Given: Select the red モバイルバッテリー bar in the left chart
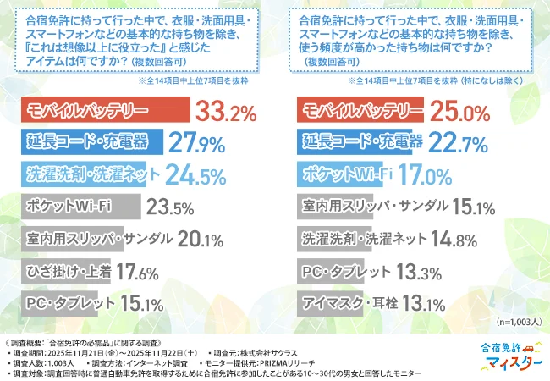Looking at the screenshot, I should point(106,111).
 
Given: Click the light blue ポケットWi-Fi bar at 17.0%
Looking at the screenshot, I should point(349,174).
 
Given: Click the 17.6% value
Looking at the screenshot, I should point(137,273).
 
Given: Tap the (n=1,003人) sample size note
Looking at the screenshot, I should point(514,323).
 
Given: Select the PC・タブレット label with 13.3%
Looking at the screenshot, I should point(345,272).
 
